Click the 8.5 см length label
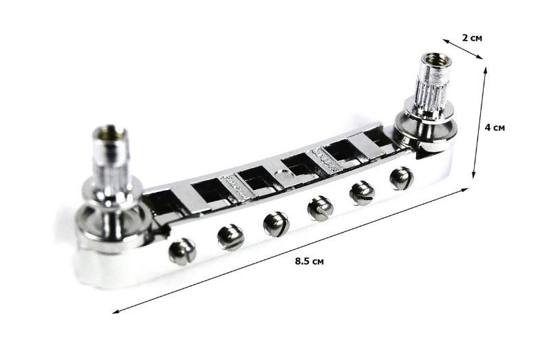pos(310,261)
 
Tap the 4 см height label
pos(495,127)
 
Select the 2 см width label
pos(472,38)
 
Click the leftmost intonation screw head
pos(182,251)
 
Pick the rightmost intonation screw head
pos(402,178)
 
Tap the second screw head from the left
pos(231,237)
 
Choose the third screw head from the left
pos(277,224)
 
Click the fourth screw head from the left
pos(321,209)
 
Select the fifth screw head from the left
pos(363,193)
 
